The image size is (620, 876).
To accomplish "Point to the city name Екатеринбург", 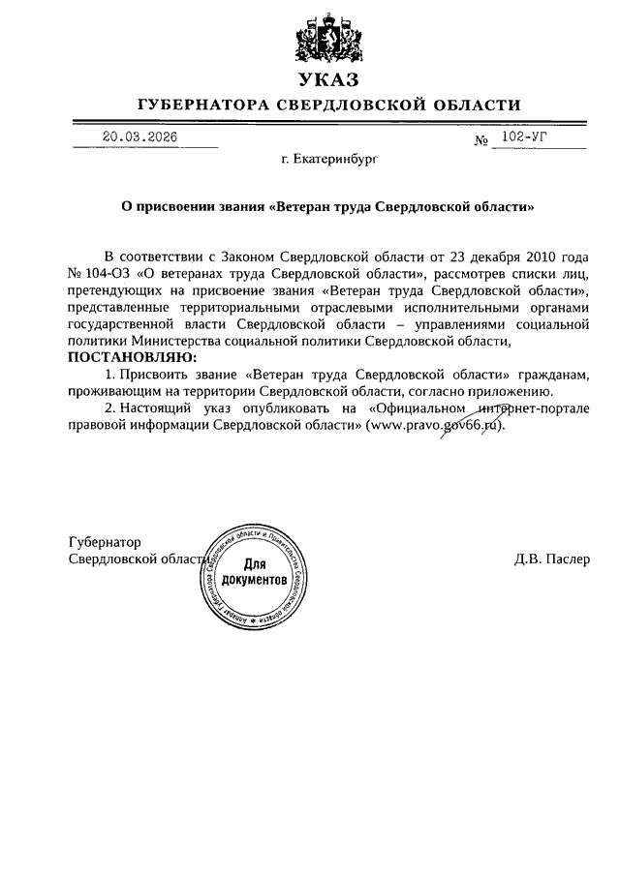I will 323,155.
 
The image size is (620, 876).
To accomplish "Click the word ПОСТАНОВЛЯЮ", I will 131,357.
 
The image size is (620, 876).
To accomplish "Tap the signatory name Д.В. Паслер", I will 551,560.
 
